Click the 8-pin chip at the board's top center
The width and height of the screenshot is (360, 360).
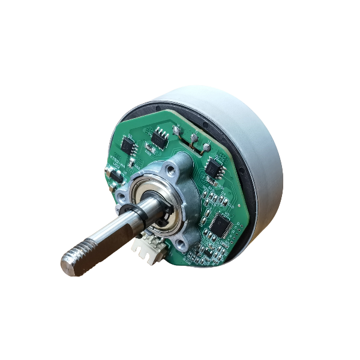159,139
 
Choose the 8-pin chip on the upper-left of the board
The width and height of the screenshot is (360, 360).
128,145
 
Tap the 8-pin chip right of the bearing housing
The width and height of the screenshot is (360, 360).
213,168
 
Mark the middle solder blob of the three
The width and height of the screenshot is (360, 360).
193,137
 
